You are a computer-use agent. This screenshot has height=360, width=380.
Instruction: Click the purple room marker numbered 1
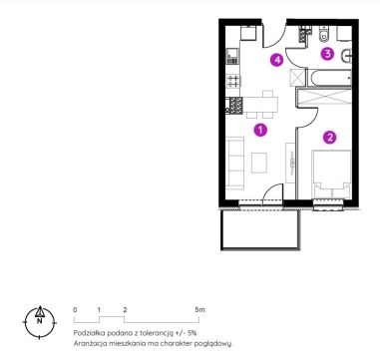(x=260, y=130)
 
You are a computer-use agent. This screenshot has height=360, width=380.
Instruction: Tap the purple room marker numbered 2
(x=329, y=137)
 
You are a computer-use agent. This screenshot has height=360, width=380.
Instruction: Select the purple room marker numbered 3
(x=327, y=54)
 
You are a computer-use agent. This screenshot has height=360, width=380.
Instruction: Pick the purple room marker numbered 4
(x=276, y=60)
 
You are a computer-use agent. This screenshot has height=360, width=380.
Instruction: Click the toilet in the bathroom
(x=323, y=35)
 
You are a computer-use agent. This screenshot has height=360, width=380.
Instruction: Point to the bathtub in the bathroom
(x=329, y=78)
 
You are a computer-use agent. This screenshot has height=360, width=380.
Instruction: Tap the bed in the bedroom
(x=331, y=175)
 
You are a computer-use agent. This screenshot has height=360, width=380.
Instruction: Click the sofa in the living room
(x=234, y=164)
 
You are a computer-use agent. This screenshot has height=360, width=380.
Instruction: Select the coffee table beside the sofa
(x=259, y=163)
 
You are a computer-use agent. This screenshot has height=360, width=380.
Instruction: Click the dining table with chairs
(x=260, y=105)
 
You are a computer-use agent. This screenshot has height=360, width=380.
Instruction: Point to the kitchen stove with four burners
(x=233, y=81)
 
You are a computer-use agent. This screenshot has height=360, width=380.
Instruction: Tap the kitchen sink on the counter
(x=232, y=56)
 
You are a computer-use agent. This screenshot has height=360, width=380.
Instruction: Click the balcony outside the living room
(x=261, y=229)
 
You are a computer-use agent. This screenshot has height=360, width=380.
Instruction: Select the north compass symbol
(x=40, y=322)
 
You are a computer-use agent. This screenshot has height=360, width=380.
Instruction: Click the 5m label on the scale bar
(x=200, y=310)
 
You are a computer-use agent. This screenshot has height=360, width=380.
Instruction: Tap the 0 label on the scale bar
(x=75, y=310)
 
